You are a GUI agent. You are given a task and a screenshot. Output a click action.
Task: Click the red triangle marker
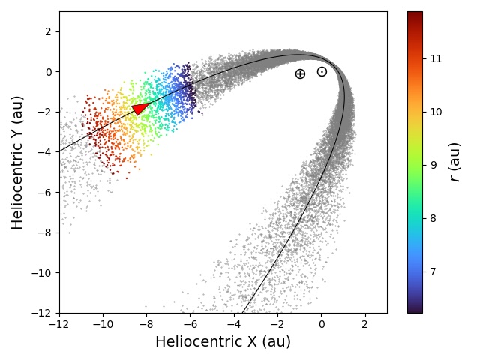pyautogui.click(x=140, y=109)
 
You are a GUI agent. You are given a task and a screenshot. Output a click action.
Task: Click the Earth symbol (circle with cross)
pyautogui.click(x=300, y=73)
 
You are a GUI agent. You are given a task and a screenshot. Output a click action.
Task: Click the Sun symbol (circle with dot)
pyautogui.click(x=322, y=72)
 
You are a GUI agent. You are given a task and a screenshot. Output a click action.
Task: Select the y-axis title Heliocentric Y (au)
pyautogui.click(x=17, y=162)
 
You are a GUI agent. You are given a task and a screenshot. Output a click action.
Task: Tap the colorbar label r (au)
pyautogui.click(x=454, y=162)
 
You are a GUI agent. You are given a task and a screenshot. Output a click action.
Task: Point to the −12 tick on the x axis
pyautogui.click(x=59, y=325)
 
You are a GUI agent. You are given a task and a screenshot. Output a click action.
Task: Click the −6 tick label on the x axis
pyautogui.click(x=190, y=325)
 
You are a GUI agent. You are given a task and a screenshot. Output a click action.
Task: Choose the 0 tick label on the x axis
pyautogui.click(x=322, y=325)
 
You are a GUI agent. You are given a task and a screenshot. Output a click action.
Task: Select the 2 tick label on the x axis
pyautogui.click(x=365, y=325)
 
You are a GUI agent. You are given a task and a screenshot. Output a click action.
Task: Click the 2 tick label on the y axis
pyautogui.click(x=47, y=31)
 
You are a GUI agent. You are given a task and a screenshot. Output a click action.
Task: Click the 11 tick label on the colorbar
pyautogui.click(x=436, y=58)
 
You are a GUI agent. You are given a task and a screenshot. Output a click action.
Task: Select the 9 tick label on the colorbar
pyautogui.click(x=433, y=165)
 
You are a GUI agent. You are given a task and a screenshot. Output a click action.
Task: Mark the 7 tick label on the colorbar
pyautogui.click(x=433, y=271)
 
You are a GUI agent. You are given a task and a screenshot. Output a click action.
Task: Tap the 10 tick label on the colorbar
pyautogui.click(x=436, y=112)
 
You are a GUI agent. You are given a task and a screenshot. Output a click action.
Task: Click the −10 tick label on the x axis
pyautogui.click(x=103, y=325)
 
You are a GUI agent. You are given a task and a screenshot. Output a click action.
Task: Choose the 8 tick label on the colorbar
pyautogui.click(x=433, y=218)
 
